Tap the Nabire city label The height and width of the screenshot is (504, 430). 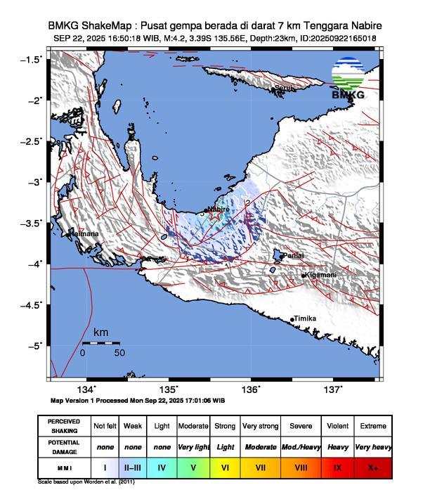(219, 209)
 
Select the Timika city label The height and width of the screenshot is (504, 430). (305, 318)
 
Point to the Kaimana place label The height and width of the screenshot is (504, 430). (84, 234)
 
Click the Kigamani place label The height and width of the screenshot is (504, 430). (320, 275)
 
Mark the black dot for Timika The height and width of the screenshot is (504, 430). (292, 320)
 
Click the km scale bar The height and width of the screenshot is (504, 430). (100, 343)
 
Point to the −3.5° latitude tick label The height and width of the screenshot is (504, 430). (32, 223)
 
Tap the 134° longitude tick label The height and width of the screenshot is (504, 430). (86, 389)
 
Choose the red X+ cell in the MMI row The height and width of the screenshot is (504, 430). (373, 467)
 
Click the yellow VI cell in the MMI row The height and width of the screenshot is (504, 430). (226, 467)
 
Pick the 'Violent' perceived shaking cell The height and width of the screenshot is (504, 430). (338, 426)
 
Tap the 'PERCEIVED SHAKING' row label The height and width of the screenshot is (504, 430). (64, 426)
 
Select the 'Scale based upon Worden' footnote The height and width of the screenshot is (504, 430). (86, 482)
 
